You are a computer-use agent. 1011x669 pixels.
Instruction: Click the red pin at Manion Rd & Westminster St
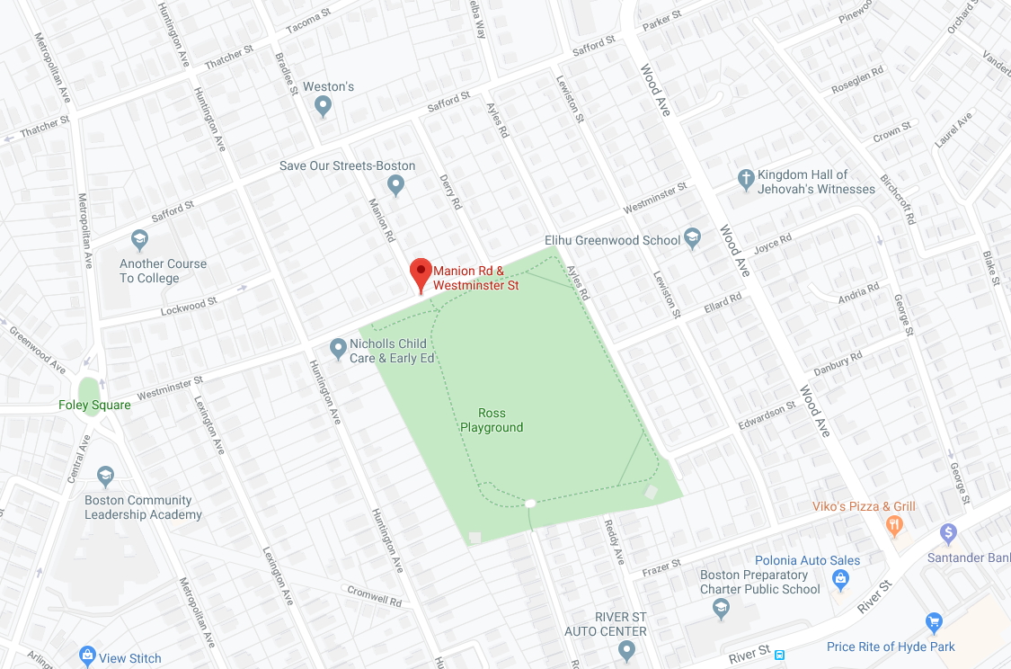pyautogui.click(x=421, y=273)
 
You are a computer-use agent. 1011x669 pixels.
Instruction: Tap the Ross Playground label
pyautogui.click(x=492, y=420)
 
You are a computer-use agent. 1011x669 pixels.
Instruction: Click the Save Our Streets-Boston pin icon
pyautogui.click(x=395, y=185)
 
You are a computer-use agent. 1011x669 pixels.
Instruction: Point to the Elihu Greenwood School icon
pyautogui.click(x=692, y=238)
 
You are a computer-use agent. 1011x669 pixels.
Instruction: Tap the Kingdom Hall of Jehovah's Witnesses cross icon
pyautogui.click(x=745, y=180)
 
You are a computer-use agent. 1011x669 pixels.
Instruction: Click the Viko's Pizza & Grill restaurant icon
pyautogui.click(x=894, y=523)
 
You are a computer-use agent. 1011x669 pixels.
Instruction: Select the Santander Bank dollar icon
pyautogui.click(x=947, y=533)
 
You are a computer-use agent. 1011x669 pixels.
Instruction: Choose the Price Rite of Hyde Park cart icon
pyautogui.click(x=934, y=622)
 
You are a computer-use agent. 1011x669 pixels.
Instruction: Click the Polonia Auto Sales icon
pyautogui.click(x=840, y=578)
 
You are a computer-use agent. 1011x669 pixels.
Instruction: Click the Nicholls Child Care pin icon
pyautogui.click(x=338, y=347)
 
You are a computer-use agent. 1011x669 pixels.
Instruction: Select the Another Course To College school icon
pyautogui.click(x=139, y=239)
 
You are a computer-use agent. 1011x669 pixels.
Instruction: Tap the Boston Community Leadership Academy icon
pyautogui.click(x=105, y=475)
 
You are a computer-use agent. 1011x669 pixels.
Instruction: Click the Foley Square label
pyautogui.click(x=95, y=406)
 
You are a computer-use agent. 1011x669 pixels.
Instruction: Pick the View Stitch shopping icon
pyautogui.click(x=87, y=656)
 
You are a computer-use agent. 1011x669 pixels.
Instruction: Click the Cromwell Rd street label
pyautogui.click(x=375, y=594)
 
